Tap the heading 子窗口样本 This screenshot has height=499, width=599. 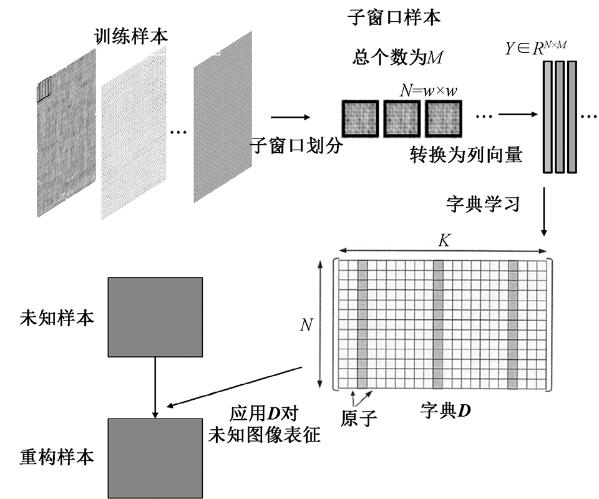coord(393,17)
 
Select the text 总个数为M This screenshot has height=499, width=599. coord(397,58)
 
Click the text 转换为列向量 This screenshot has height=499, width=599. coord(465,154)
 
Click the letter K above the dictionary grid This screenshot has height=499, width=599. coord(444,241)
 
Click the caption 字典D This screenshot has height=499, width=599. coord(446,410)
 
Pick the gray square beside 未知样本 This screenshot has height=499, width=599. coord(155,317)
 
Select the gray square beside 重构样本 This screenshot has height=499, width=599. coord(155,457)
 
